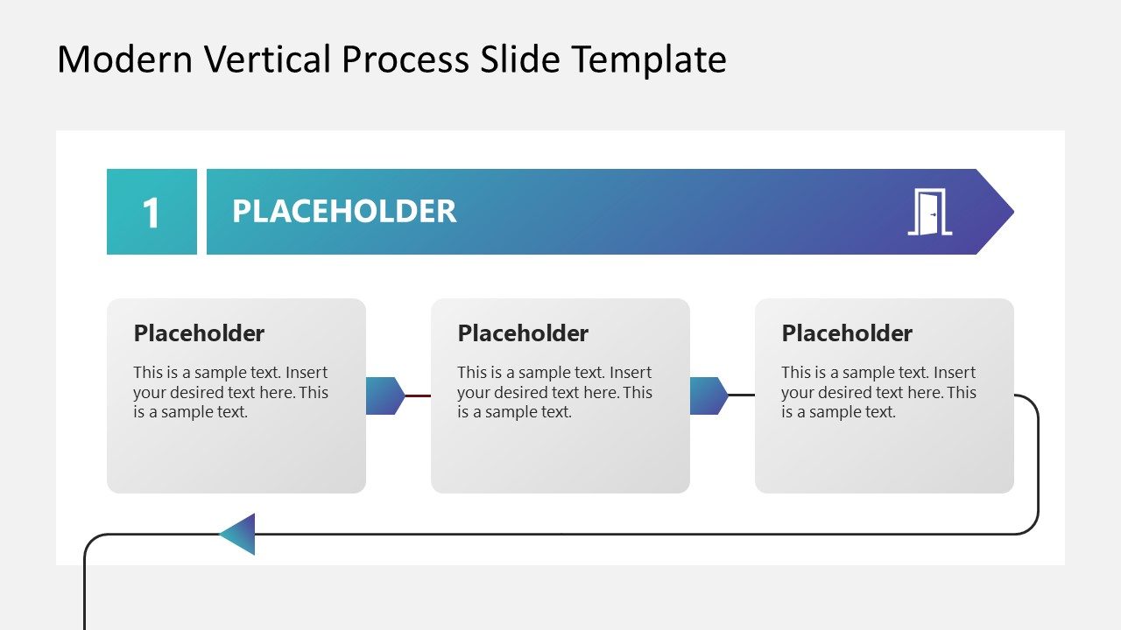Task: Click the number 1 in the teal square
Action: tap(152, 213)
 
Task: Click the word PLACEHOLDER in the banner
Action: tap(344, 212)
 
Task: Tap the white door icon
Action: tap(929, 212)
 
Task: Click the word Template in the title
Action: tap(649, 59)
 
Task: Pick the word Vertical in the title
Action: tap(268, 59)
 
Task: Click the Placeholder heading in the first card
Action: tap(199, 333)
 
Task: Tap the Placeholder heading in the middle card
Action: tap(523, 333)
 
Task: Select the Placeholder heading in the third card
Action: tap(847, 333)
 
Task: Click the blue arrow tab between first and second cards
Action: tap(384, 395)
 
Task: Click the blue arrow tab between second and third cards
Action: tap(709, 395)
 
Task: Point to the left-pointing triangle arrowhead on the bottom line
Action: tap(239, 534)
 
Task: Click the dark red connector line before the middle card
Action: tap(418, 395)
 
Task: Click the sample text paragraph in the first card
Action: tap(230, 392)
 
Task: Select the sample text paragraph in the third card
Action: tap(878, 392)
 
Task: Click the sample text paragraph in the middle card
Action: tap(554, 392)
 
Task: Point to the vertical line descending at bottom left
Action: tap(85, 595)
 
